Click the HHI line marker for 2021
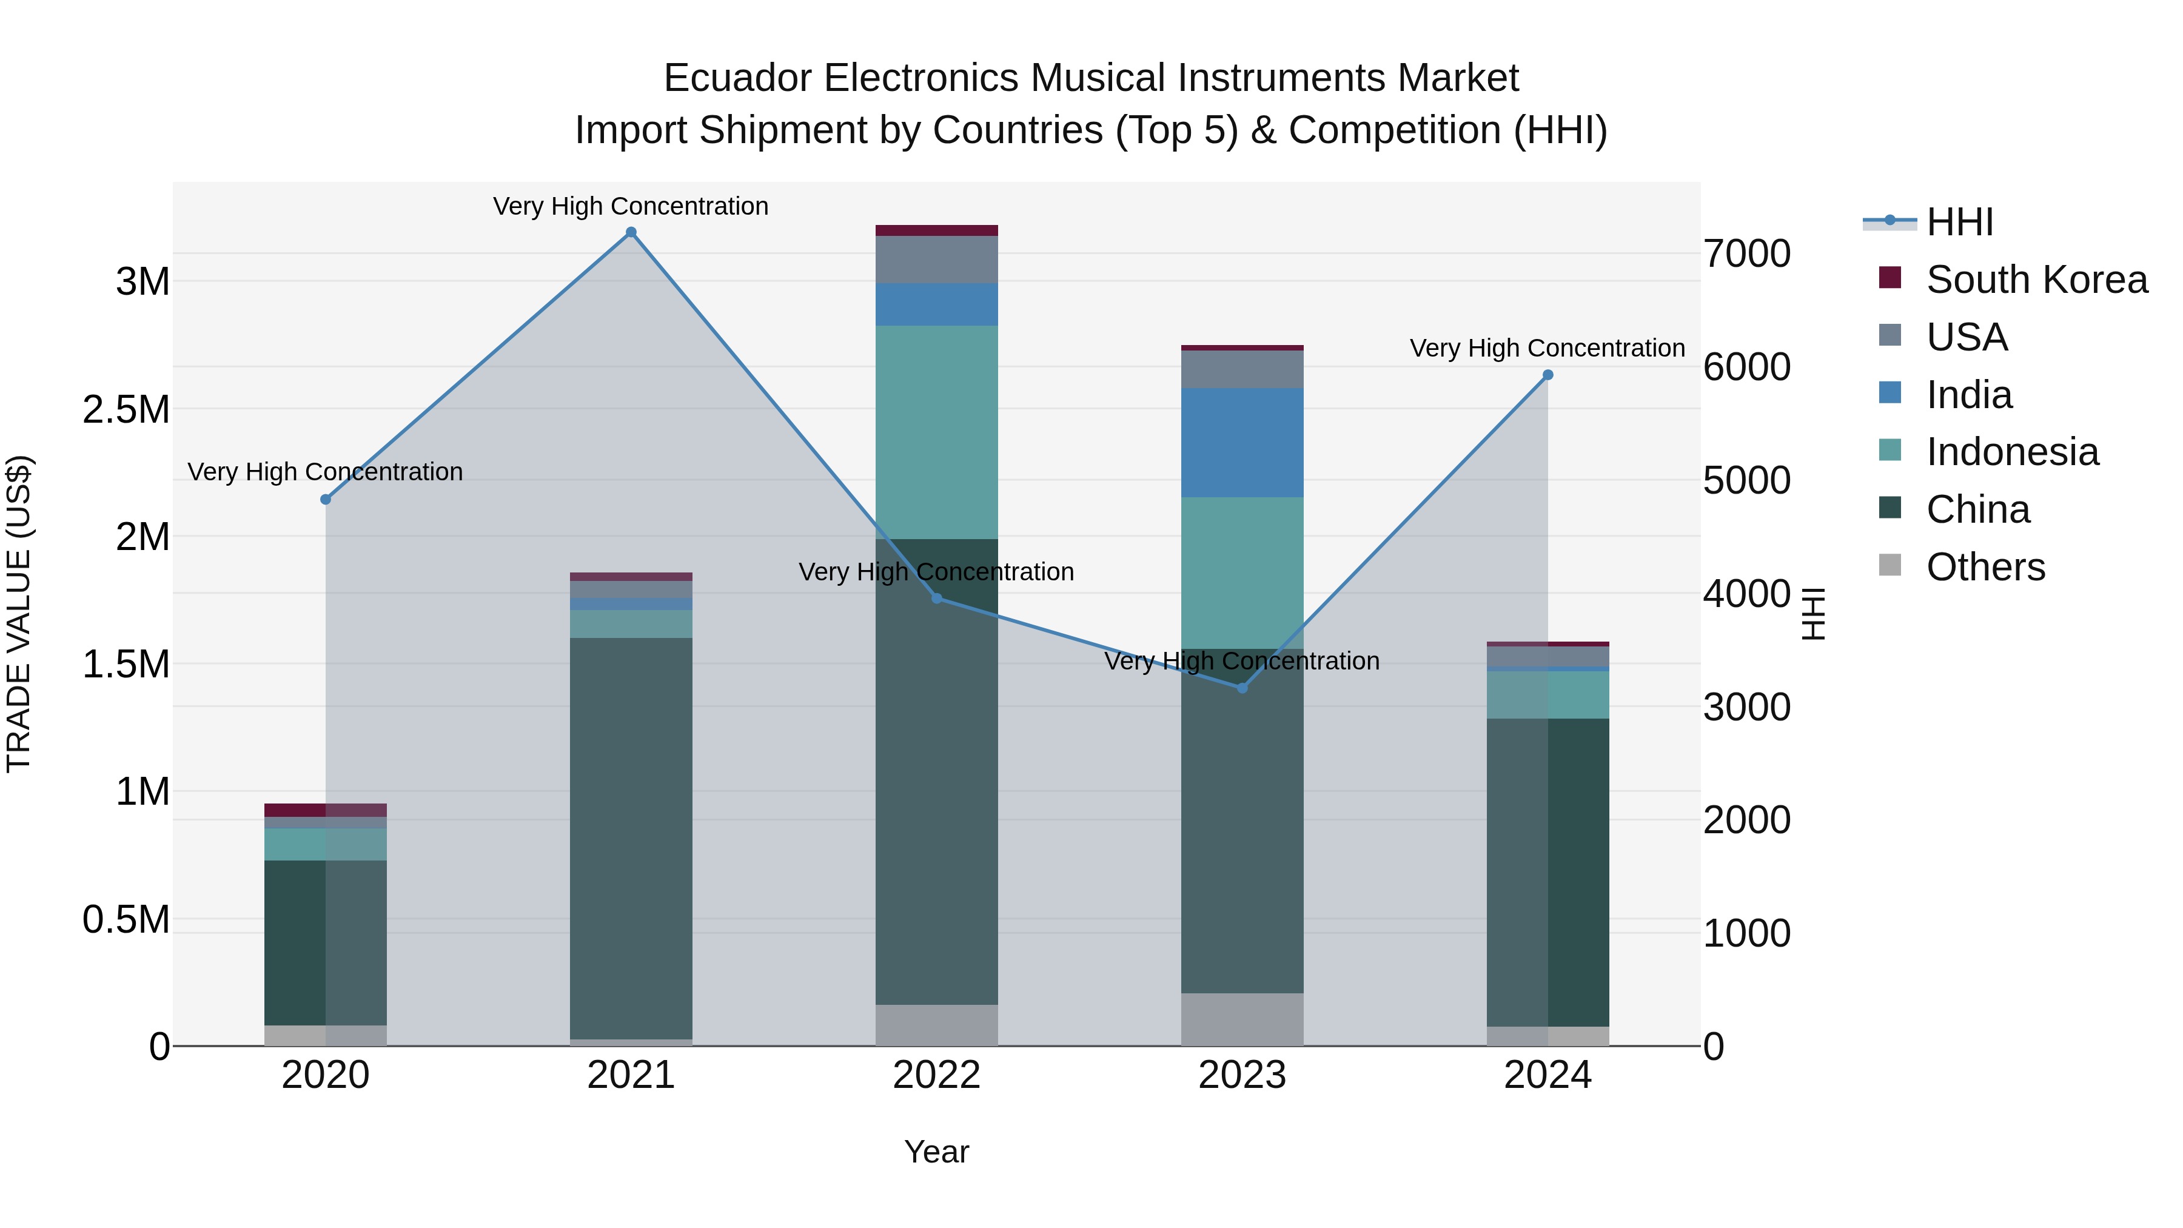[x=631, y=232]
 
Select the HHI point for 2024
[x=1548, y=375]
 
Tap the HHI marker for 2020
[x=326, y=499]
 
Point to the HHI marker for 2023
[x=1242, y=688]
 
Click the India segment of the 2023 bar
[x=1242, y=443]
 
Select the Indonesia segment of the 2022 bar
[x=936, y=432]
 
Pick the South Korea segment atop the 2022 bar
[x=936, y=230]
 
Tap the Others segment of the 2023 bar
[x=1242, y=1019]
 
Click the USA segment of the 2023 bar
[x=1242, y=369]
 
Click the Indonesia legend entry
[x=2012, y=452]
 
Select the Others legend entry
[x=1985, y=567]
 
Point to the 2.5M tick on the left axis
[x=126, y=409]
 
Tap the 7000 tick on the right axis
[x=1746, y=253]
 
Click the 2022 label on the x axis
[x=936, y=1075]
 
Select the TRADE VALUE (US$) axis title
[x=19, y=614]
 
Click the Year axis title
[x=936, y=1152]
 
